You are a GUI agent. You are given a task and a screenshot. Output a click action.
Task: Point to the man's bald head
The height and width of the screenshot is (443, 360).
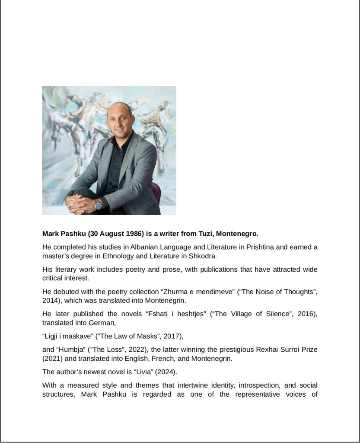119,108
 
